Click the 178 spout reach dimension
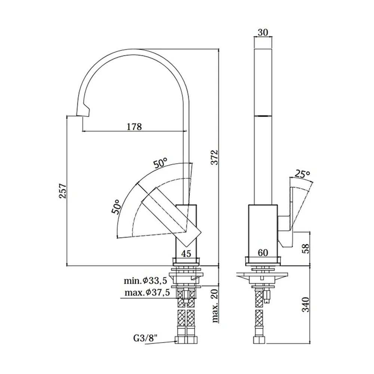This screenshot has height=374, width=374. [134, 126]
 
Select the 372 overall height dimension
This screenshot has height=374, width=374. [215, 157]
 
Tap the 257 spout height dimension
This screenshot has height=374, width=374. [63, 191]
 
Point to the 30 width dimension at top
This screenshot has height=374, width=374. [263, 32]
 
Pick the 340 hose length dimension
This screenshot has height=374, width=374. [306, 304]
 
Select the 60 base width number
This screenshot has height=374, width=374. [263, 252]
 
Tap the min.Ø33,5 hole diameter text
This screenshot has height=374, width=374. [145, 280]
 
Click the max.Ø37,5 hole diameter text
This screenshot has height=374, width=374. [147, 292]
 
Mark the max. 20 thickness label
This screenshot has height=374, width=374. [215, 306]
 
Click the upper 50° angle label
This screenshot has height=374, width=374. [160, 163]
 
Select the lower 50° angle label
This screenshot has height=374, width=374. [116, 206]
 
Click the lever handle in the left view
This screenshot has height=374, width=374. [171, 217]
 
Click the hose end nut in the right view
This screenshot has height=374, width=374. [259, 340]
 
